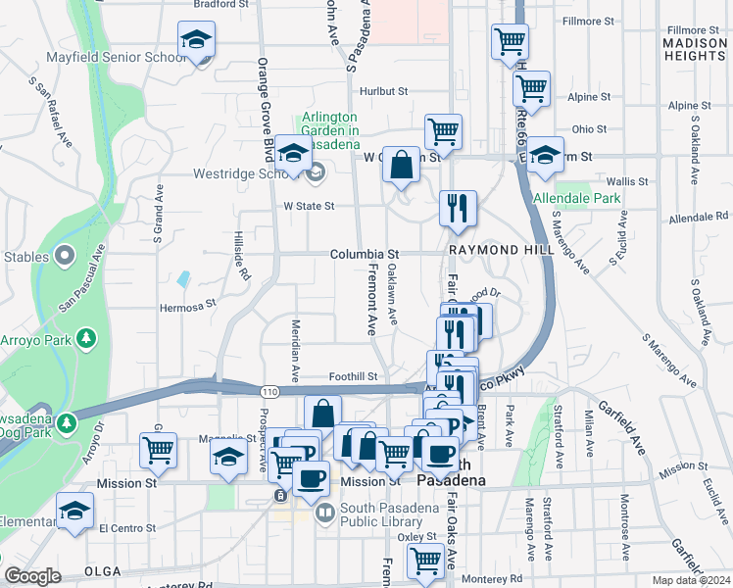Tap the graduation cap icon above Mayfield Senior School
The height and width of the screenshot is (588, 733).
point(196,41)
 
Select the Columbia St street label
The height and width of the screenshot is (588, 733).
point(365,254)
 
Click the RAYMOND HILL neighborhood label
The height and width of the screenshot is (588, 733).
point(502,250)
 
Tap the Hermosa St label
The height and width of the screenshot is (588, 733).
point(187,305)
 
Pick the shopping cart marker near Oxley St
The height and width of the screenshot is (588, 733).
point(425,561)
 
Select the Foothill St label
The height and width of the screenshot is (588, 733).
point(354,376)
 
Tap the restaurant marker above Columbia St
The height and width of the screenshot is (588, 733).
point(458,208)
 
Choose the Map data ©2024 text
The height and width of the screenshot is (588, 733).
point(691,580)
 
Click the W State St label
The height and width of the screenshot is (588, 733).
point(309,207)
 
